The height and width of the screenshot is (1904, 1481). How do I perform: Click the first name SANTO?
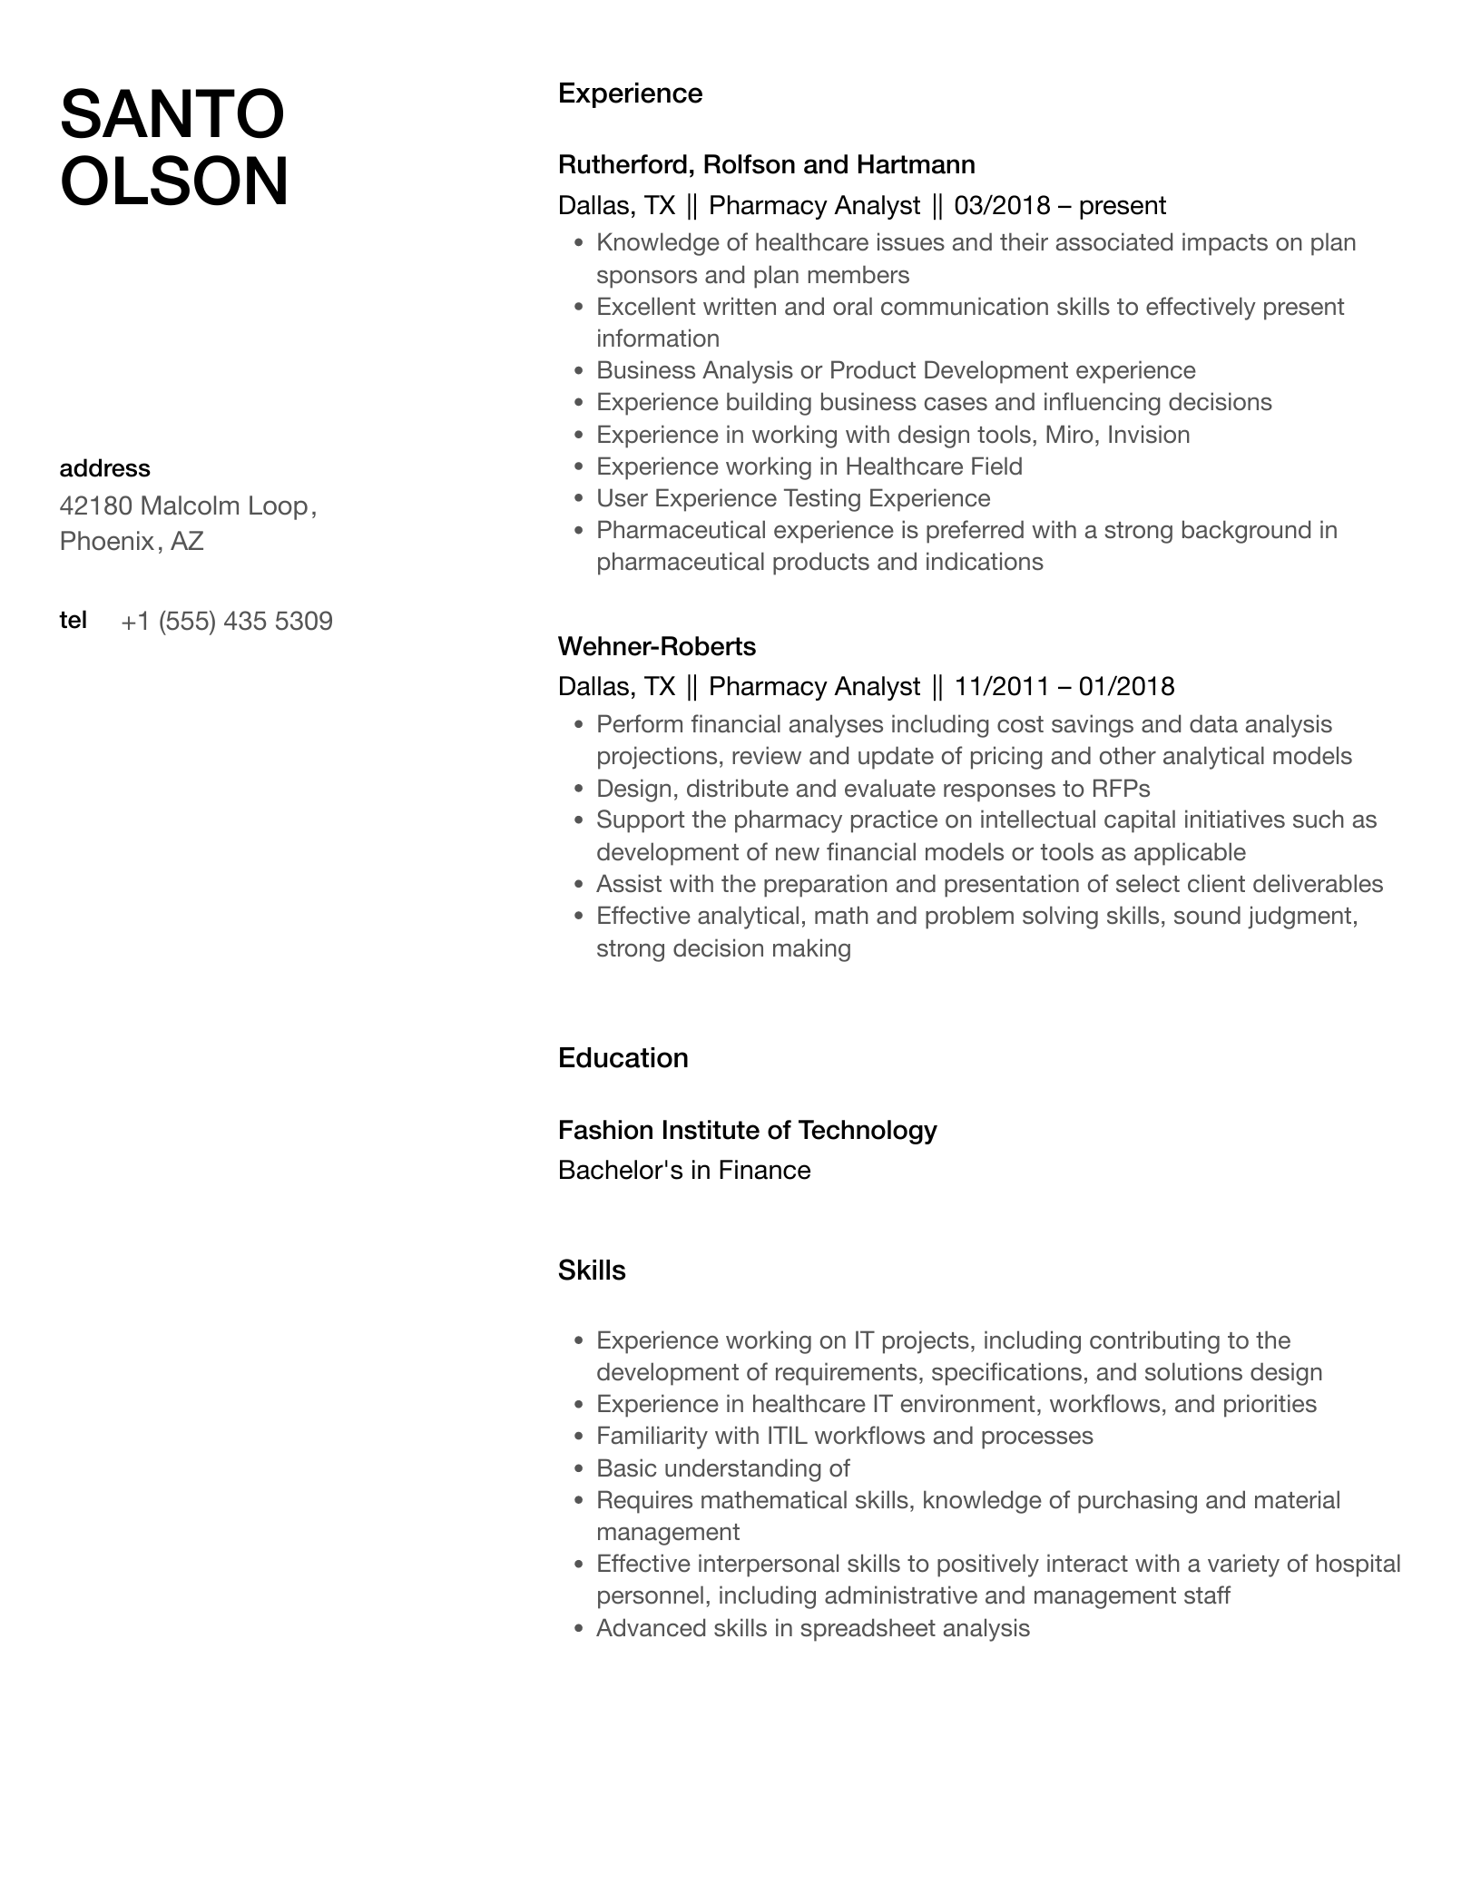(x=172, y=114)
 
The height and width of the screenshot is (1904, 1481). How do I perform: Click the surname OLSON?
(x=174, y=182)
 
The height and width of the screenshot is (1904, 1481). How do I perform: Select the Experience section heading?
(x=630, y=93)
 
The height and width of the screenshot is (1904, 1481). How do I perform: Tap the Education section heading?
(x=623, y=1058)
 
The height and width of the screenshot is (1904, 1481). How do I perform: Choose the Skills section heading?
(x=592, y=1271)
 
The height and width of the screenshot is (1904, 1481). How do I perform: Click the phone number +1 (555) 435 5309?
(x=227, y=622)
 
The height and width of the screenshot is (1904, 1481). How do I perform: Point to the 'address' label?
(x=104, y=468)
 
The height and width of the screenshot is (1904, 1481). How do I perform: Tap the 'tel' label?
(x=74, y=620)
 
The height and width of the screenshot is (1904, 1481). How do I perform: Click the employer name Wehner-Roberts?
(x=656, y=646)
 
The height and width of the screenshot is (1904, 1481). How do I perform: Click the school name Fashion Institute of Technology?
(x=747, y=1130)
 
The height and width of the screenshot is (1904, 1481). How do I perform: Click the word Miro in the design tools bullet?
(x=1069, y=435)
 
